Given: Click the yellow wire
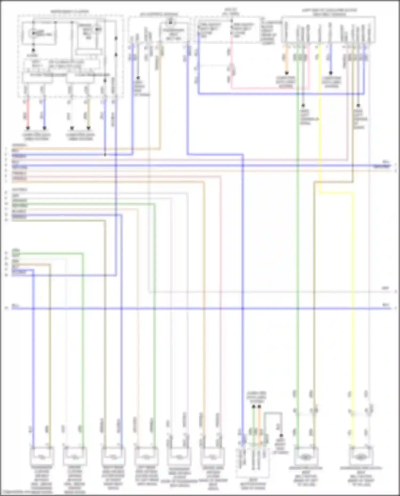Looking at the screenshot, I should pyautogui.click(x=353, y=293).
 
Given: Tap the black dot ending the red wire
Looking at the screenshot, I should pyautogui.click(x=27, y=128).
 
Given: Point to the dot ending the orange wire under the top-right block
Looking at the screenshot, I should pyautogui.click(x=286, y=73).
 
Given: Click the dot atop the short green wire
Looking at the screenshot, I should pyautogui.click(x=254, y=407).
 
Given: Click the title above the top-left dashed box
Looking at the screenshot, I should pyautogui.click(x=70, y=12).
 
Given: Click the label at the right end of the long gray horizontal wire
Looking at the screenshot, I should pyautogui.click(x=386, y=288).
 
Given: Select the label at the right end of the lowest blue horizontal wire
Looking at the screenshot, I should pyautogui.click(x=386, y=305).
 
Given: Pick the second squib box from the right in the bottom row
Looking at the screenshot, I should pyautogui.click(x=306, y=457).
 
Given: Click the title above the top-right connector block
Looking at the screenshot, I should pyautogui.click(x=329, y=12).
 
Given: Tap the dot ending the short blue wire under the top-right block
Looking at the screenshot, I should pyautogui.click(x=331, y=73).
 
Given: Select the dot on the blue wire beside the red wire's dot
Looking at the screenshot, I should pyautogui.click(x=45, y=128).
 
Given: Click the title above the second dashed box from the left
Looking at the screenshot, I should pyautogui.click(x=159, y=14).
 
